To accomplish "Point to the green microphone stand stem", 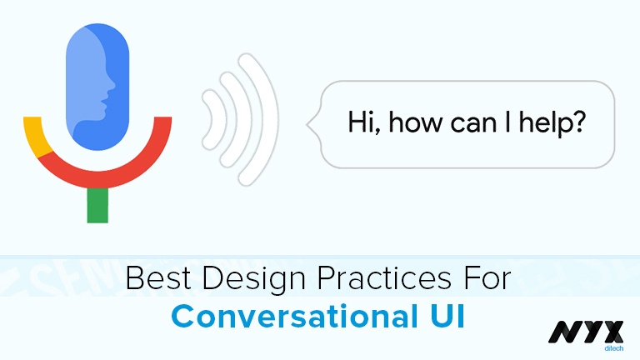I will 97,205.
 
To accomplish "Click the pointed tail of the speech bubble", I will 312,126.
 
